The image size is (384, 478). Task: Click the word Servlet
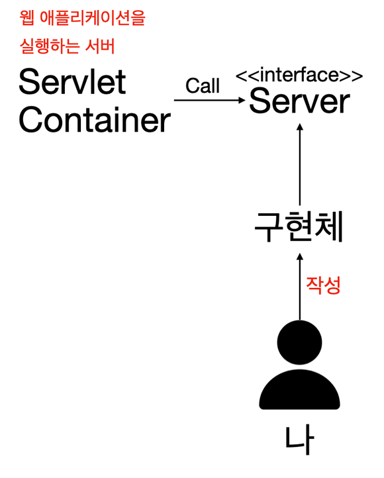[x=73, y=81]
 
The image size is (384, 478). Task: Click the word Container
[x=95, y=120]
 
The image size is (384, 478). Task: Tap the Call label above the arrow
[x=203, y=85]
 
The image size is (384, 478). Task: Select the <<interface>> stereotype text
[x=299, y=75]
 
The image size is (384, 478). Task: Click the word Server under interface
[x=299, y=101]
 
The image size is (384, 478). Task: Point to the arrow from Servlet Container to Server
[x=210, y=100]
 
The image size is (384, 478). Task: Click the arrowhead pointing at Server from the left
[x=242, y=100]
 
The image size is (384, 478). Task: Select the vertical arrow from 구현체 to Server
[x=300, y=165]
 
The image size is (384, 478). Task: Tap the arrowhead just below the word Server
[x=300, y=127]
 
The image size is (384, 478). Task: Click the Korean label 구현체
[x=299, y=227]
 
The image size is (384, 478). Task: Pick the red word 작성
[x=323, y=285]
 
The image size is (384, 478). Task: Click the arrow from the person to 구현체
[x=300, y=287]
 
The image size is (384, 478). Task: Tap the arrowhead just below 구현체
[x=300, y=257]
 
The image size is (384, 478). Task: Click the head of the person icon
[x=299, y=342]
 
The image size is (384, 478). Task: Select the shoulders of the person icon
[x=299, y=390]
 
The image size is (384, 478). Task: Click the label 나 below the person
[x=299, y=440]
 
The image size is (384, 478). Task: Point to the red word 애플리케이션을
[x=93, y=18]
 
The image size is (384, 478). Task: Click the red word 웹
[x=27, y=18]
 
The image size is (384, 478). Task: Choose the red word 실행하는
[x=50, y=46]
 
